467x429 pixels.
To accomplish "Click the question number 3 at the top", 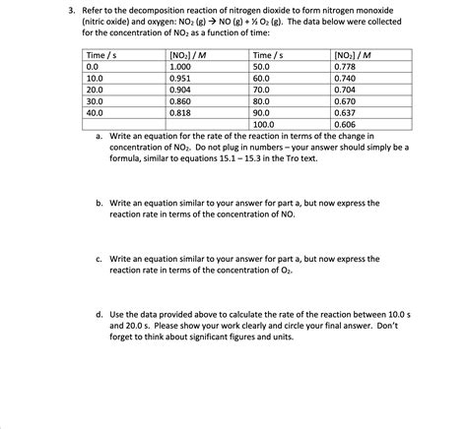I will (58, 9).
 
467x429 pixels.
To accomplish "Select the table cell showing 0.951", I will (181, 76).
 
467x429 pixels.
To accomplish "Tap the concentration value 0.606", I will (345, 125).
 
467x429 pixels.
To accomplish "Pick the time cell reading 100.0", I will (264, 125).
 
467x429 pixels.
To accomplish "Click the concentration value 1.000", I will (181, 64).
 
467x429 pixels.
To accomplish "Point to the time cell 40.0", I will (96, 112).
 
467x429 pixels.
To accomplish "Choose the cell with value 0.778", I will (345, 64).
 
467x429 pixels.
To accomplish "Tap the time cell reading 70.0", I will (261, 89).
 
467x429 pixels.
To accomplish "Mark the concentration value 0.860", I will (181, 100).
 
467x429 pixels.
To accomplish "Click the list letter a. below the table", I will (100, 136).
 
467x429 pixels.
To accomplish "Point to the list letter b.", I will (100, 202).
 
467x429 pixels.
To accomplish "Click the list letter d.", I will (100, 312).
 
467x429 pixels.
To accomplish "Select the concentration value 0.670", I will (345, 100).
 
